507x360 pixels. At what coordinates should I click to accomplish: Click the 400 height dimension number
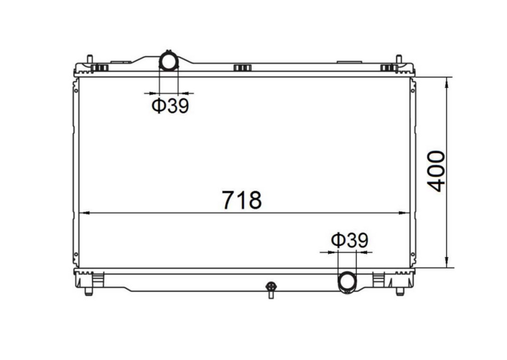point(436,171)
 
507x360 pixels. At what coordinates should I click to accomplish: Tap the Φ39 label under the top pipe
point(170,106)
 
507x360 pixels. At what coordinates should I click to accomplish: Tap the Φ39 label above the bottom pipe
point(350,241)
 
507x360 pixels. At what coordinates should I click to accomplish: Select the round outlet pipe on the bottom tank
point(347,282)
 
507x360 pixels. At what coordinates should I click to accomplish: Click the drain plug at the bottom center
point(271,289)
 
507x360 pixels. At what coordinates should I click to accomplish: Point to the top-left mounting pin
point(90,59)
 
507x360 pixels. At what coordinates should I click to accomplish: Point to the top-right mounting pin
point(398,59)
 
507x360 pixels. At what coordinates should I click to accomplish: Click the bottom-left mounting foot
point(89,291)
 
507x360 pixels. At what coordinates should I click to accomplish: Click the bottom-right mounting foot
point(400,291)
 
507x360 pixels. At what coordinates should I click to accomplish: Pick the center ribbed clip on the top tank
point(242,68)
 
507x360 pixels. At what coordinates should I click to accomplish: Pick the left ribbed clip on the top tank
point(100,68)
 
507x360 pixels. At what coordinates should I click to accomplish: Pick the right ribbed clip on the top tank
point(388,68)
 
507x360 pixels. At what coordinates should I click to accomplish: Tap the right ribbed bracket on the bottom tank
point(378,279)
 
